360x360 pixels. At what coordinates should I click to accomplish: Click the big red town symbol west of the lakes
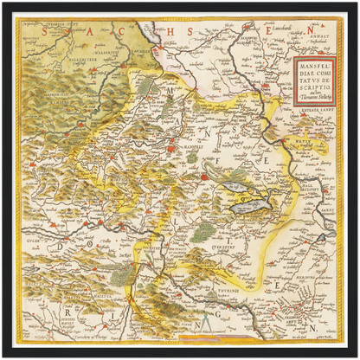[204, 177]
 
